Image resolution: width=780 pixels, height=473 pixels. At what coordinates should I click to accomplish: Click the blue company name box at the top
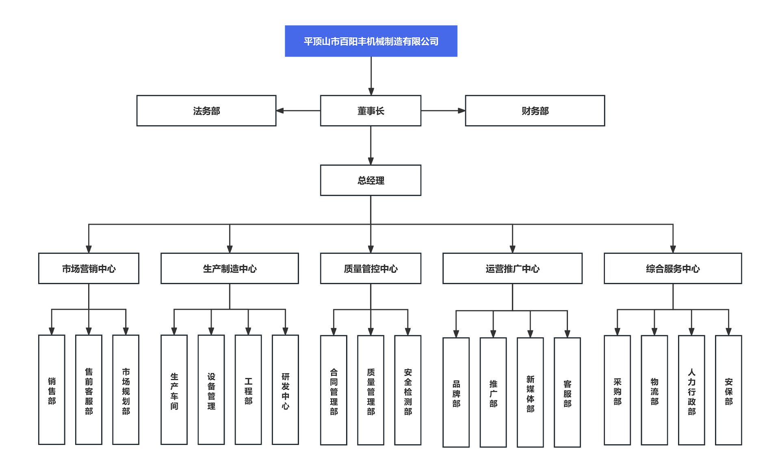click(371, 41)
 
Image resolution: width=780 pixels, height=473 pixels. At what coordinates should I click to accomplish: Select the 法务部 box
click(206, 111)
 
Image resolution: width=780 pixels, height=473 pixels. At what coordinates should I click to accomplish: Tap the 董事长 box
click(370, 111)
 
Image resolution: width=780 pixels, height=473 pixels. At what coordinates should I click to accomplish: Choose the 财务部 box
click(535, 111)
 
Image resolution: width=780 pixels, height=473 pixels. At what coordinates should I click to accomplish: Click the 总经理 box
click(370, 180)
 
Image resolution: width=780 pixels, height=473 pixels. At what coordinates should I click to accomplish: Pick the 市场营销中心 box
click(89, 268)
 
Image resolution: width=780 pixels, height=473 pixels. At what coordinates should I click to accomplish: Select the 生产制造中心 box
click(230, 268)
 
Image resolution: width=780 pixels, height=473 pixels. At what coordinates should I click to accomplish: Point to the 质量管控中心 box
click(370, 268)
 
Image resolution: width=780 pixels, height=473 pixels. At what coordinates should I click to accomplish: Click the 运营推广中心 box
click(512, 268)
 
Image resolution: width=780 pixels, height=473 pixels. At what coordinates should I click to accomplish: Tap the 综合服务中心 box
click(673, 268)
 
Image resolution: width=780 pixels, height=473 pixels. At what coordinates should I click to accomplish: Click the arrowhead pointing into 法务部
click(280, 111)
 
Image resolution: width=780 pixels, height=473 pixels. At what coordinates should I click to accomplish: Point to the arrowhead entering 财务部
click(461, 111)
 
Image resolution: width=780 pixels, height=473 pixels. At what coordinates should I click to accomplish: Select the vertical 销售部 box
click(52, 390)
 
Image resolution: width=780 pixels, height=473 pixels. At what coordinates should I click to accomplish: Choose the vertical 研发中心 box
click(285, 390)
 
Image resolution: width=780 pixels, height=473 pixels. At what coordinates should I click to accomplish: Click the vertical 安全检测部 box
click(407, 390)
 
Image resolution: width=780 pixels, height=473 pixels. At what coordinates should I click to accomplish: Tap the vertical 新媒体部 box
click(530, 392)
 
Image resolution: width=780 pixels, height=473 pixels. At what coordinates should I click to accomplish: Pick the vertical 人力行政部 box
click(691, 390)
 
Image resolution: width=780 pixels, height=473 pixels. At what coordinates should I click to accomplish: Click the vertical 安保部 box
click(728, 390)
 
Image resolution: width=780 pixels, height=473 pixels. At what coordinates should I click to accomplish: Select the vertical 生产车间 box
click(174, 390)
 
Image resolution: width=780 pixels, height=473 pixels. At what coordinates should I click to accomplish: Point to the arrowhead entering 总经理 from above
click(370, 161)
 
